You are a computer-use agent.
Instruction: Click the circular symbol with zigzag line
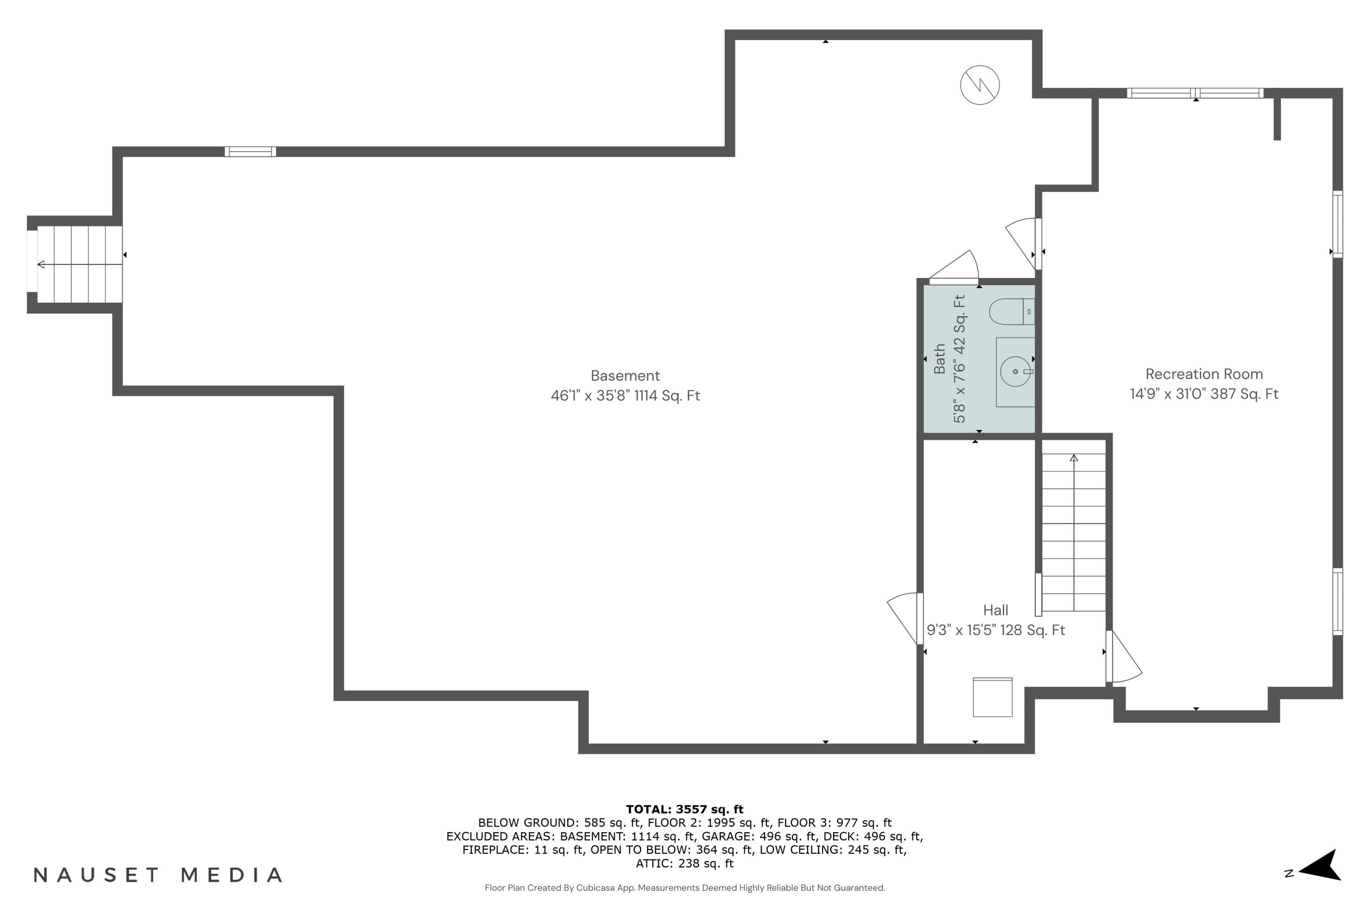980,85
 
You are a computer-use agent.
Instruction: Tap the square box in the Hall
992,697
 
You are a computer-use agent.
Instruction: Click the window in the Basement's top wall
250,152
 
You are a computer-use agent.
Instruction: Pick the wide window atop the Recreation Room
1195,93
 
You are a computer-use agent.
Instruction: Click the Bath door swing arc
958,267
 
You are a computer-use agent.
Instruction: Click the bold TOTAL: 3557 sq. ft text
685,809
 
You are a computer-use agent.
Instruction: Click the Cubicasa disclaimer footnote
685,888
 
